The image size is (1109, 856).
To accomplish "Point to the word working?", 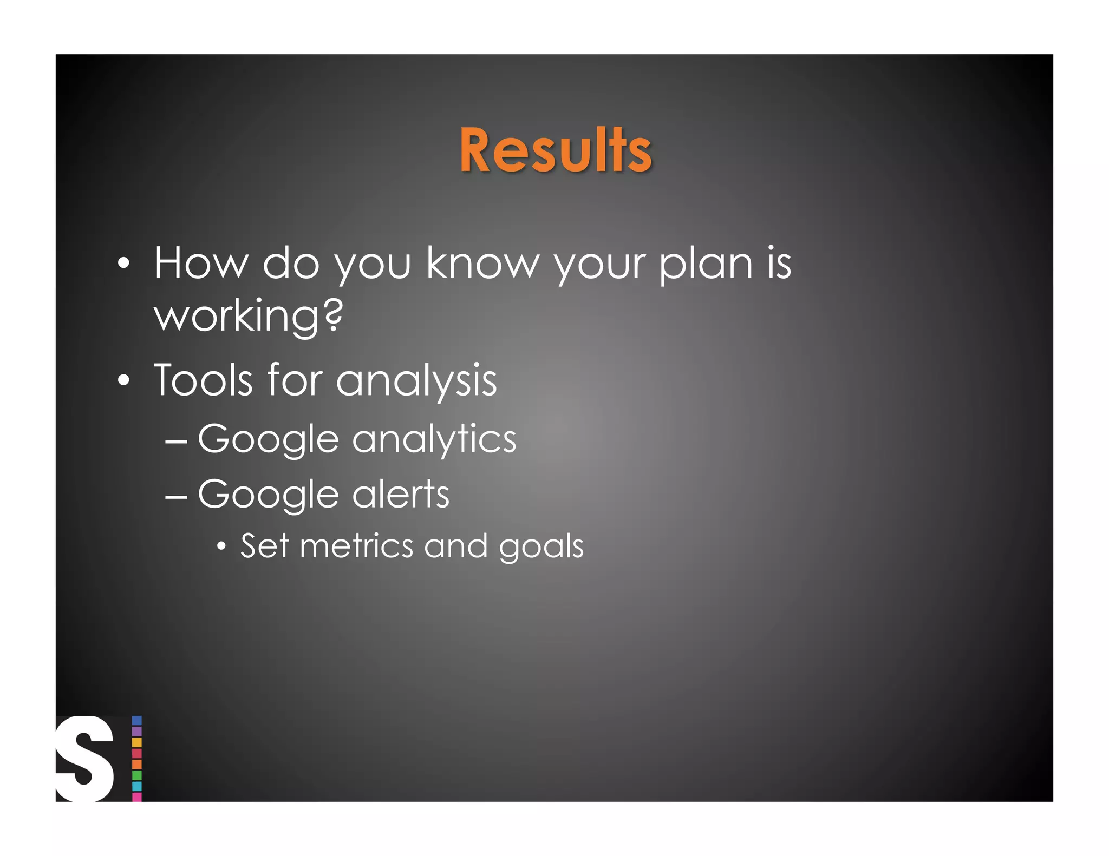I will coord(249,316).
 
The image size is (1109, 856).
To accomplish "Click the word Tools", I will coord(203,380).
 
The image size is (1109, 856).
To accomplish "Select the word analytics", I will coord(434,439).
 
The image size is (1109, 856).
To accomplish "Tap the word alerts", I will coord(401,494).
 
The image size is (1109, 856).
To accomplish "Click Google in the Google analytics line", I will coord(269,439).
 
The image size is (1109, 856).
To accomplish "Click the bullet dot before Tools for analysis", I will coord(124,380).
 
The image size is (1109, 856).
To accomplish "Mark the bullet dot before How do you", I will coord(124,264).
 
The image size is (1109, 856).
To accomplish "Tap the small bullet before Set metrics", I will coord(221,546).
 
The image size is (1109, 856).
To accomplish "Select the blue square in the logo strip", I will coord(137,721).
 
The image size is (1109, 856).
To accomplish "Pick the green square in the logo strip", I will coord(137,775).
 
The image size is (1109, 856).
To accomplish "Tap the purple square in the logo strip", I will coord(137,732).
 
